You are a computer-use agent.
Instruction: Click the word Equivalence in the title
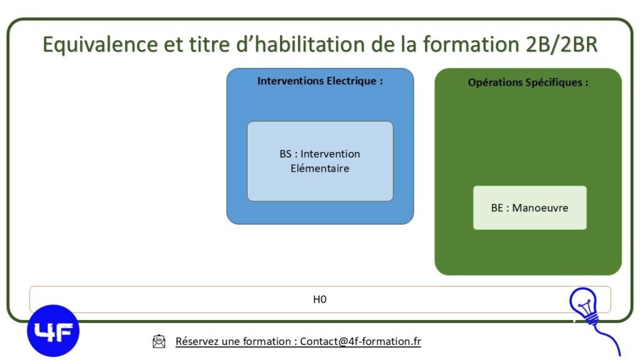(x=101, y=44)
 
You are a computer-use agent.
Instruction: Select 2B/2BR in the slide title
(x=561, y=44)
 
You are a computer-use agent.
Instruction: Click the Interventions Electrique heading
(x=320, y=81)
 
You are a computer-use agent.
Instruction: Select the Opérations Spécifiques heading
(x=528, y=82)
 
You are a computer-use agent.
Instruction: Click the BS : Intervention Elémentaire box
(x=320, y=161)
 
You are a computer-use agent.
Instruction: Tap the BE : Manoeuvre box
(x=530, y=207)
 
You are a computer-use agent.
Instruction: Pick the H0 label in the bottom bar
(x=319, y=299)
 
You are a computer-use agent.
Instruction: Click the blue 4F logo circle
(x=53, y=331)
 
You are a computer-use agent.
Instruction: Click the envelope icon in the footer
(x=159, y=342)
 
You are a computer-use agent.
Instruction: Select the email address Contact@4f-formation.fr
(x=361, y=342)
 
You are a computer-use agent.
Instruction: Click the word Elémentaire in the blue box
(x=320, y=168)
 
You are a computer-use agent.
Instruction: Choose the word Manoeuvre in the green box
(x=540, y=207)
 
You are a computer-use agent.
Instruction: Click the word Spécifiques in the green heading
(x=554, y=83)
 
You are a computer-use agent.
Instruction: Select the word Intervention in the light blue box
(x=330, y=154)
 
